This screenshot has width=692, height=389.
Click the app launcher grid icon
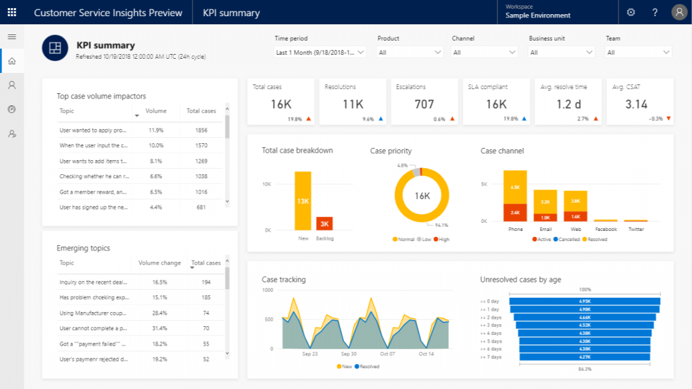[x=12, y=13]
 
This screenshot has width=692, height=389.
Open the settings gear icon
[x=631, y=13]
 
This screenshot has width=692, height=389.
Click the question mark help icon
[x=654, y=13]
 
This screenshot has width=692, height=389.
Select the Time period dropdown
[x=320, y=52]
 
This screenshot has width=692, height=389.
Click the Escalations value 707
[x=424, y=104]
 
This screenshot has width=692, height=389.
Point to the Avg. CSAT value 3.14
[x=636, y=104]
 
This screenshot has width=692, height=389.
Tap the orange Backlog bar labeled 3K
[x=324, y=224]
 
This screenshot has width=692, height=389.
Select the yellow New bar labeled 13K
[x=303, y=201]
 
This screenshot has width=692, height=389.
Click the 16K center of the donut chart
[x=422, y=196]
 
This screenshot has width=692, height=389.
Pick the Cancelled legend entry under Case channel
[x=565, y=239]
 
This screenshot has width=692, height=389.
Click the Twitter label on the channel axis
[x=636, y=229]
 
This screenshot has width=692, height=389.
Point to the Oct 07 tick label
[x=388, y=354]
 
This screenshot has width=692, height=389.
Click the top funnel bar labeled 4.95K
[x=585, y=301]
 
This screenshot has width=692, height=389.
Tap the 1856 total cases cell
[x=201, y=130]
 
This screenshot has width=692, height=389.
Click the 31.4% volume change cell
[x=159, y=328]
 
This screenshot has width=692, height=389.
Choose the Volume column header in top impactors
[x=155, y=111]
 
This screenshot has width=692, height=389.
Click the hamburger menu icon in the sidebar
[x=11, y=36]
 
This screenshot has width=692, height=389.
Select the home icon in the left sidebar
[x=11, y=61]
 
